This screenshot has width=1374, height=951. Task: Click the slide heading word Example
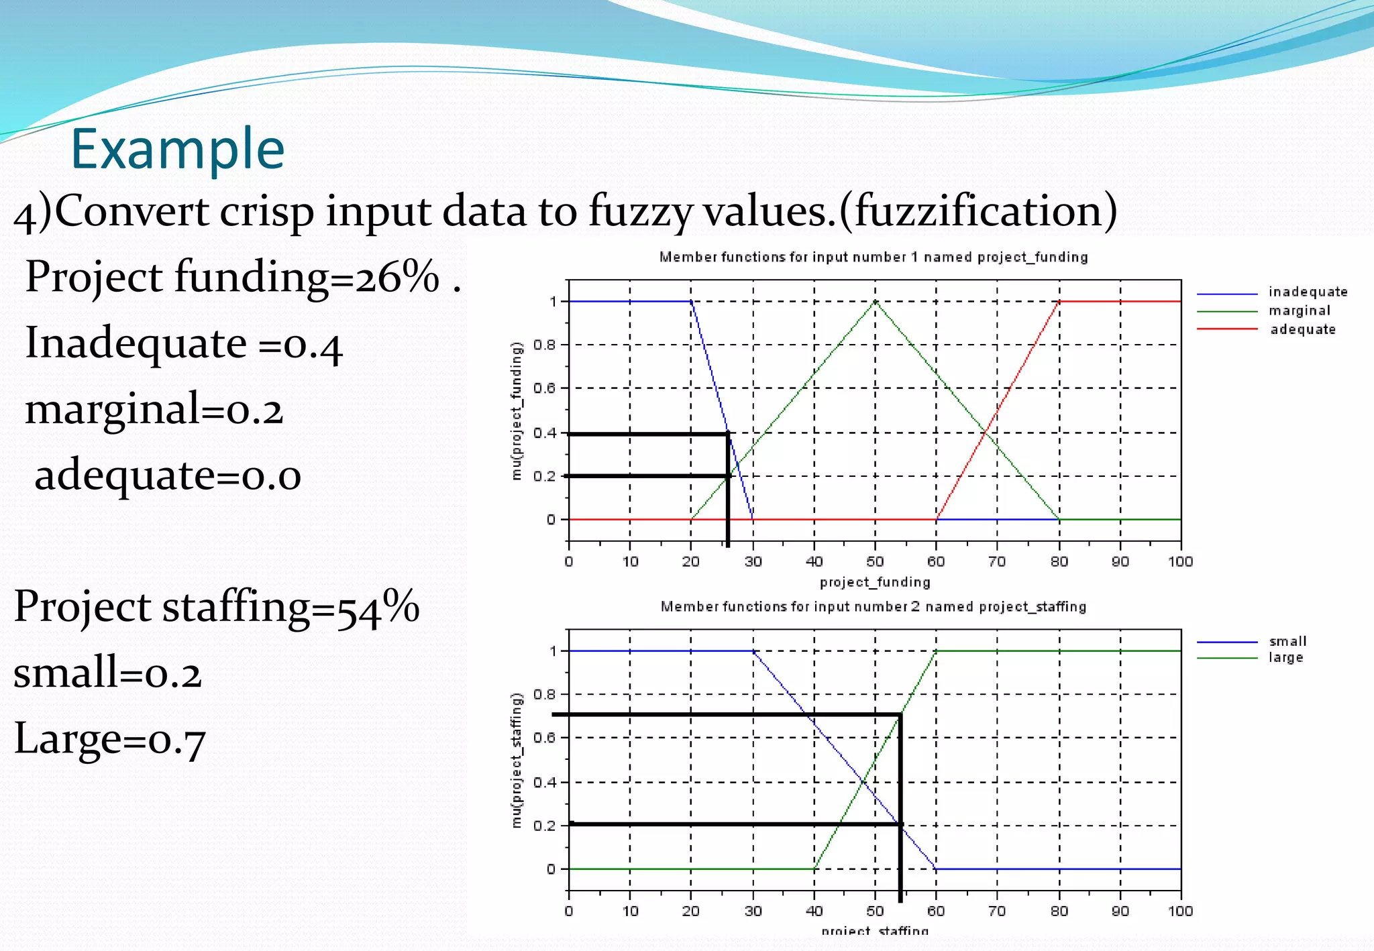pyautogui.click(x=178, y=149)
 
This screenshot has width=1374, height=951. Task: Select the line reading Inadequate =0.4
pyautogui.click(x=184, y=343)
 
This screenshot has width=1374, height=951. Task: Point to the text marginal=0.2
pyautogui.click(x=154, y=409)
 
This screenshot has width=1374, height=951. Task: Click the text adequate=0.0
pyautogui.click(x=168, y=475)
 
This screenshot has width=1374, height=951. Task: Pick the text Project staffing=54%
pyautogui.click(x=217, y=606)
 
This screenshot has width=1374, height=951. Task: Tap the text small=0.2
pyautogui.click(x=108, y=673)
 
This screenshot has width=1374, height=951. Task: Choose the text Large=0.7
pyautogui.click(x=110, y=739)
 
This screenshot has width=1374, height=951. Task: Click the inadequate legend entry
pyautogui.click(x=1308, y=292)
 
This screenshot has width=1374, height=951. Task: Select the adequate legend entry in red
pyautogui.click(x=1302, y=329)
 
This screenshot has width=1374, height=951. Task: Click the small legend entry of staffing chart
pyautogui.click(x=1287, y=641)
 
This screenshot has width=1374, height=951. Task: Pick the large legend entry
pyautogui.click(x=1285, y=657)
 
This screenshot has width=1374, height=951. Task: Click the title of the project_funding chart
pyautogui.click(x=874, y=257)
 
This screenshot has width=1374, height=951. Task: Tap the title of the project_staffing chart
pyautogui.click(x=874, y=606)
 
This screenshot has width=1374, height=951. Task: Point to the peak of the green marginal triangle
pyautogui.click(x=875, y=302)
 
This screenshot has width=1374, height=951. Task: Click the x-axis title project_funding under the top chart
pyautogui.click(x=875, y=581)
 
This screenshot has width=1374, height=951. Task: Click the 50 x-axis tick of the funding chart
pyautogui.click(x=875, y=561)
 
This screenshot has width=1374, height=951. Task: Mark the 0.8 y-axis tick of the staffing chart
pyautogui.click(x=544, y=694)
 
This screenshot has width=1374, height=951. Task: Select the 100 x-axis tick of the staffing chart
pyautogui.click(x=1180, y=911)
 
